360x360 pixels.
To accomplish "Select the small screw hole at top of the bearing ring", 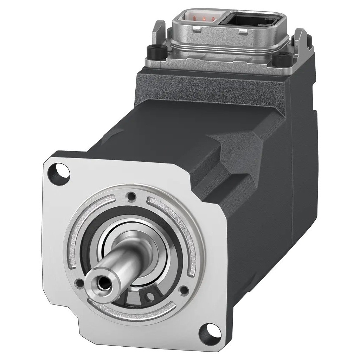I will [131, 195].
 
